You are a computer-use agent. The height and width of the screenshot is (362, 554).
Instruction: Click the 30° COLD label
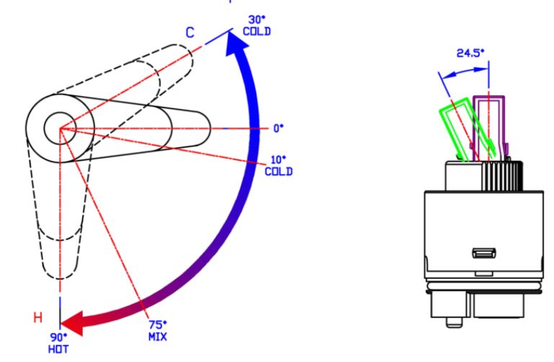pos(257,26)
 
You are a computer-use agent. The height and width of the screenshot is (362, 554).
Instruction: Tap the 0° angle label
pos(278,128)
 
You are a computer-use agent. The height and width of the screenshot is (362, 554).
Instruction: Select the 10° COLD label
pos(279,166)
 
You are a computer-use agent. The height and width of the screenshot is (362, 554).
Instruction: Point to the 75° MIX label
pos(158,330)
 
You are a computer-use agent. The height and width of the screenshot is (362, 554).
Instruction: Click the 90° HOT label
pos(58,343)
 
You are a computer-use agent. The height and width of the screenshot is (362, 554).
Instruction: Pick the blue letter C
pos(190,32)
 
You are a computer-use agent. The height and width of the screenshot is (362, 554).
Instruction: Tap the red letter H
pos(37,317)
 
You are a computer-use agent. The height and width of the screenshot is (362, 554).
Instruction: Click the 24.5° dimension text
pos(470,53)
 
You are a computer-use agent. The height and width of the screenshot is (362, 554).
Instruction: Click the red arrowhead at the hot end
pos(73,323)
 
